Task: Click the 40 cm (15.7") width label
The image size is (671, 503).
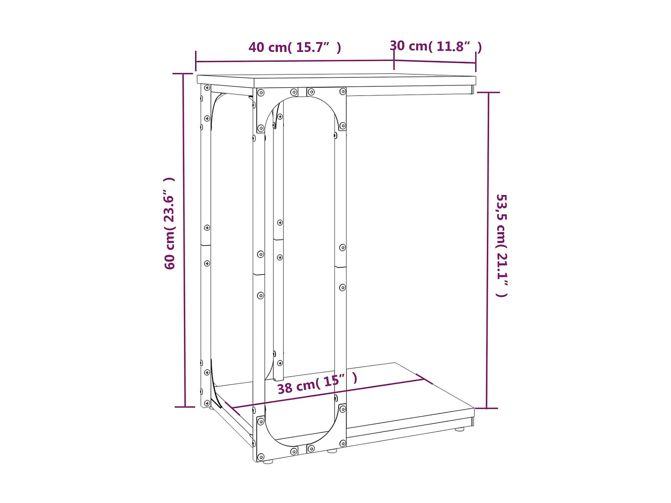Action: (295, 47)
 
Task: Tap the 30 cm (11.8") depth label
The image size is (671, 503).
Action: (435, 46)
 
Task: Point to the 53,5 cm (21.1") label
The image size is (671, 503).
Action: (502, 245)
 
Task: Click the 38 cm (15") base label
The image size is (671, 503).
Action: (317, 384)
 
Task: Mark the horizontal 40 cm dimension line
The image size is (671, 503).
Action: (291, 61)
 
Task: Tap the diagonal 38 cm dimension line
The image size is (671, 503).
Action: (327, 394)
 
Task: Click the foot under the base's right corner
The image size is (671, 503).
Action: (459, 430)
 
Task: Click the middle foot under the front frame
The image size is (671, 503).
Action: (331, 451)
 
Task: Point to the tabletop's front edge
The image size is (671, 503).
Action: (365, 83)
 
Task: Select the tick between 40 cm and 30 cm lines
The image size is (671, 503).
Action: (394, 60)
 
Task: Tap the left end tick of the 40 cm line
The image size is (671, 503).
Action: (196, 62)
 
